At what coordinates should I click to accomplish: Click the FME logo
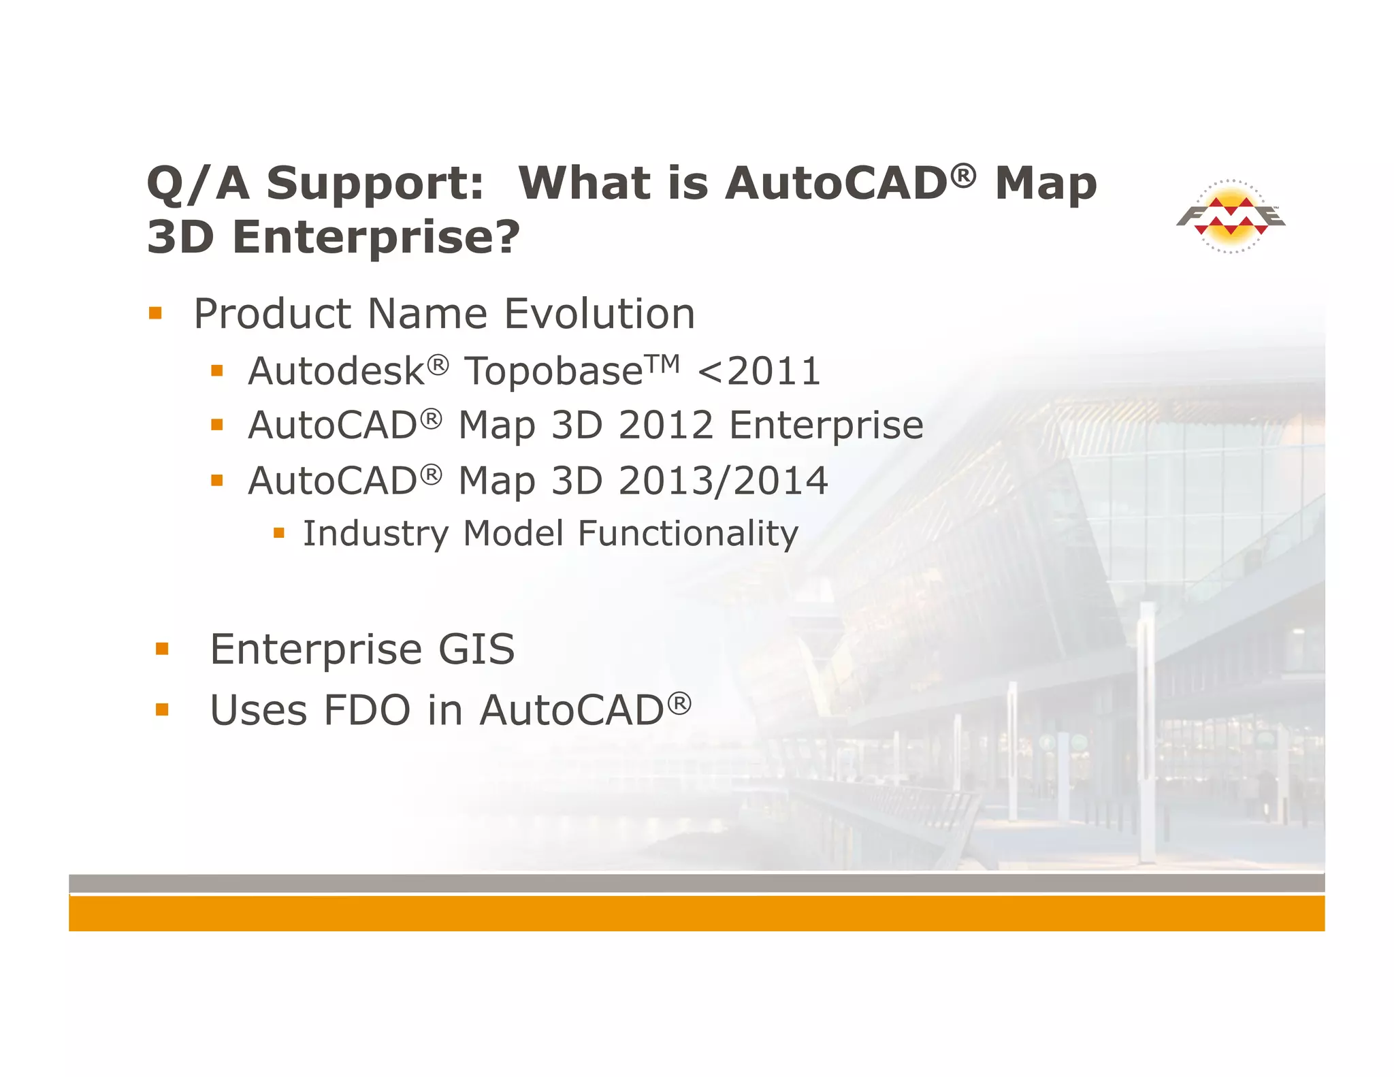coord(1231,216)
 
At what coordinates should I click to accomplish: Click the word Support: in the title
coord(374,184)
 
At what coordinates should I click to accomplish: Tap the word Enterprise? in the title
coord(376,238)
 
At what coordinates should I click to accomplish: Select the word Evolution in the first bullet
coord(599,314)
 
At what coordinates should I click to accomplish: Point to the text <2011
coord(759,372)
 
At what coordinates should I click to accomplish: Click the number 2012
coord(666,425)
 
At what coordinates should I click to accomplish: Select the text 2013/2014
coord(723,481)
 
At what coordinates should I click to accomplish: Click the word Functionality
coord(687,534)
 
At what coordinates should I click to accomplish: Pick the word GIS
coord(476,649)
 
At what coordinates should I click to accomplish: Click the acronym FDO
coord(367,711)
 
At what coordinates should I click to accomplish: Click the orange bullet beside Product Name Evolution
coord(156,313)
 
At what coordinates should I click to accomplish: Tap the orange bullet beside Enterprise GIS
coord(162,648)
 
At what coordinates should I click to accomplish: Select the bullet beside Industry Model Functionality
coord(278,532)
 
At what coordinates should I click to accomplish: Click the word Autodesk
coord(336,372)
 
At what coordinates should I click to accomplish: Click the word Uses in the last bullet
coord(259,711)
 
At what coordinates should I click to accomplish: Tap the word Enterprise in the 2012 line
coord(826,425)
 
